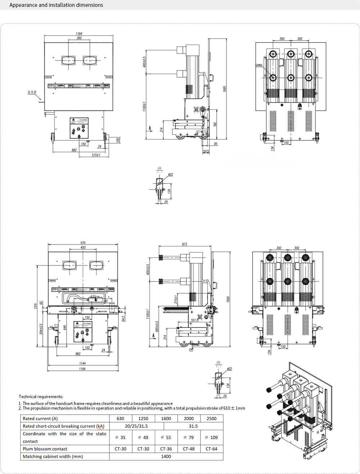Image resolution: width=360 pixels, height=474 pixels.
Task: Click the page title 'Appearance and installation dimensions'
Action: [56, 5]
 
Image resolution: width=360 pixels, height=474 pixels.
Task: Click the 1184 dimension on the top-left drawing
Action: [79, 34]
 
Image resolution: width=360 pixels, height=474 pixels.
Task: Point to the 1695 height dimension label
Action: [225, 88]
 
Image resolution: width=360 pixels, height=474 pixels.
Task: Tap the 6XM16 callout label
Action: [259, 65]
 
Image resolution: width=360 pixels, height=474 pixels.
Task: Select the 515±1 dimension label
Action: [96, 155]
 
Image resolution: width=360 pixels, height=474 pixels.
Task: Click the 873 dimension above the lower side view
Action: [185, 244]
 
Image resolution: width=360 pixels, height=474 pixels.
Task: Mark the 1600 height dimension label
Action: [228, 299]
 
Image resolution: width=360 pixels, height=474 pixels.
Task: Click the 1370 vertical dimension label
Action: [36, 306]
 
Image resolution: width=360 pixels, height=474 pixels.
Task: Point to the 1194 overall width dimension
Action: [82, 369]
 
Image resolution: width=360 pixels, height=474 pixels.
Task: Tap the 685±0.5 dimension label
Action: [157, 327]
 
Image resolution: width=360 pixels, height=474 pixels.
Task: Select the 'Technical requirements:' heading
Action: [41, 397]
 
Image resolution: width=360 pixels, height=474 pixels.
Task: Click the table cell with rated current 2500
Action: [212, 419]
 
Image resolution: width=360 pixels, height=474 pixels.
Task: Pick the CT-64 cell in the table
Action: [212, 449]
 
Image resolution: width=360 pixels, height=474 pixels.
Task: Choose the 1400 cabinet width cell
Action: [166, 456]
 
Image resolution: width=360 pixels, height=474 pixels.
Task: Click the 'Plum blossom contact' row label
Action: [45, 449]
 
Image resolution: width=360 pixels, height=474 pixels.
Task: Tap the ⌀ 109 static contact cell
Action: [212, 437]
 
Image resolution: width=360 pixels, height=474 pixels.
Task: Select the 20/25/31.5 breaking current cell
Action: [136, 426]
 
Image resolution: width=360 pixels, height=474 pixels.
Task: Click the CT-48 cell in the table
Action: [189, 449]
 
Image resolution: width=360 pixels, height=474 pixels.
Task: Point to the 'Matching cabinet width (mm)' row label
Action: [53, 456]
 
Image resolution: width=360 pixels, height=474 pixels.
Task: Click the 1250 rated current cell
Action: [143, 419]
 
